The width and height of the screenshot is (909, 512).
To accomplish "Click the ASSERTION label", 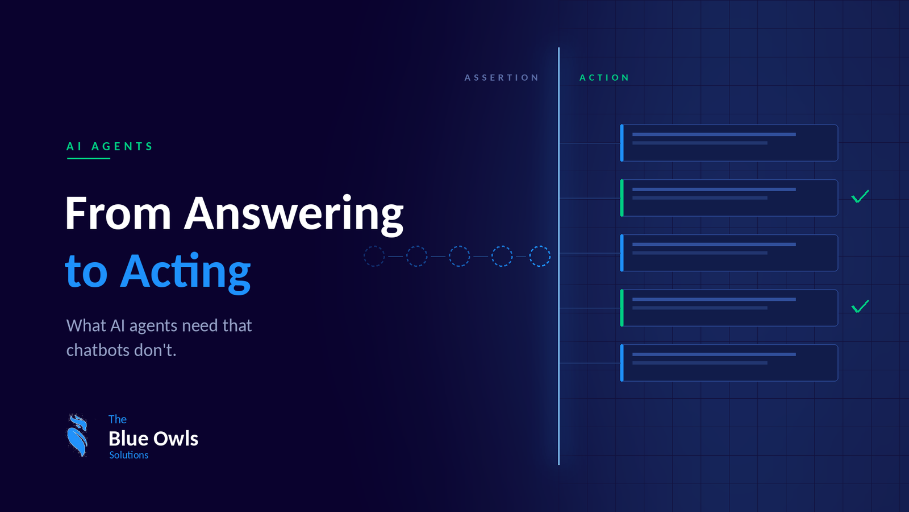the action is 502,77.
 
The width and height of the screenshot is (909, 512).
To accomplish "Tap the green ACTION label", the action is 604,77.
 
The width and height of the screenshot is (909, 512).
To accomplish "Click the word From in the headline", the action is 118,213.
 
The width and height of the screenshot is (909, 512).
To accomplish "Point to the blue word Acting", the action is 185,271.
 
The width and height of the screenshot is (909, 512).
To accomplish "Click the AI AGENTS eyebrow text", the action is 110,146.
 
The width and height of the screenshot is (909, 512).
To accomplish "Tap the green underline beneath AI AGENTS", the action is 89,158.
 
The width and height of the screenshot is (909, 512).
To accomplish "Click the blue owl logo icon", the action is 77,436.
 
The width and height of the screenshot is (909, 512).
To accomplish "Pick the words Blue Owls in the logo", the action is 153,439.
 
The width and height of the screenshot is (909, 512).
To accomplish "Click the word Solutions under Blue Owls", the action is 128,455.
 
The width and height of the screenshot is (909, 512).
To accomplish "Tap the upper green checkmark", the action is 860,196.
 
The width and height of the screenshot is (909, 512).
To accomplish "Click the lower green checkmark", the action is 860,307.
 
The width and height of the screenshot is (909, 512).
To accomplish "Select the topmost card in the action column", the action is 729,143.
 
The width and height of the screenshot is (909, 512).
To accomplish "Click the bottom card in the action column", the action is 729,363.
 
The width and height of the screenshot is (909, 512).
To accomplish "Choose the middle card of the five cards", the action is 729,253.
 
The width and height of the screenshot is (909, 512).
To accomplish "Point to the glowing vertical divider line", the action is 559,256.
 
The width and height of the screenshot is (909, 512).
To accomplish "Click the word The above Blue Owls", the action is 118,419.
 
